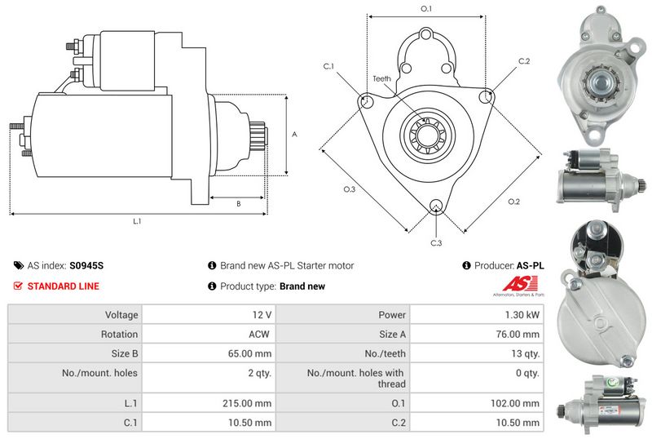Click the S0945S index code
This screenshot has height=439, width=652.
point(86,266)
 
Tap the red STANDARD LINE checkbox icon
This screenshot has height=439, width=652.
point(18,286)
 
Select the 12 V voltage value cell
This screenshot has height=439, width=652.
point(262,314)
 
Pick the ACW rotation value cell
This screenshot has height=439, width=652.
point(261,335)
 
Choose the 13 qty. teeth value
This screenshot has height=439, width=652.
point(525,354)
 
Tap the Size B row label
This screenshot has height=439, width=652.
point(122,354)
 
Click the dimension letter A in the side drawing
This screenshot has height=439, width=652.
point(294,135)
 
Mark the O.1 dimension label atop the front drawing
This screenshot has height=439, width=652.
point(425,9)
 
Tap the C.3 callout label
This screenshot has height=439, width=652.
point(436,243)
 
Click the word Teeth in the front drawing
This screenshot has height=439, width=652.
point(382,78)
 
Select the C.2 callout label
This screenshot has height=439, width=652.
point(524,62)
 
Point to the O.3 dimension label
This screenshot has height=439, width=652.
point(349,189)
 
